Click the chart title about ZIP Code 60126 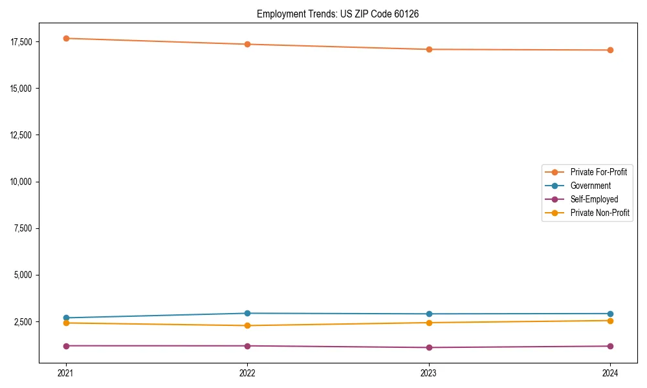(338, 14)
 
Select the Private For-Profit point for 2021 (66, 38)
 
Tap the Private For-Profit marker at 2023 (429, 49)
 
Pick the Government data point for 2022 (247, 313)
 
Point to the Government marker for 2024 (610, 314)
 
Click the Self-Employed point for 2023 (429, 347)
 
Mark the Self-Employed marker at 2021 (66, 346)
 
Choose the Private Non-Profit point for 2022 (247, 325)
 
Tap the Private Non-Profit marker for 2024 (610, 321)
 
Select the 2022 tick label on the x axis (247, 372)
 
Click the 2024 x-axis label (610, 372)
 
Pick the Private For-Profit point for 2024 (610, 50)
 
